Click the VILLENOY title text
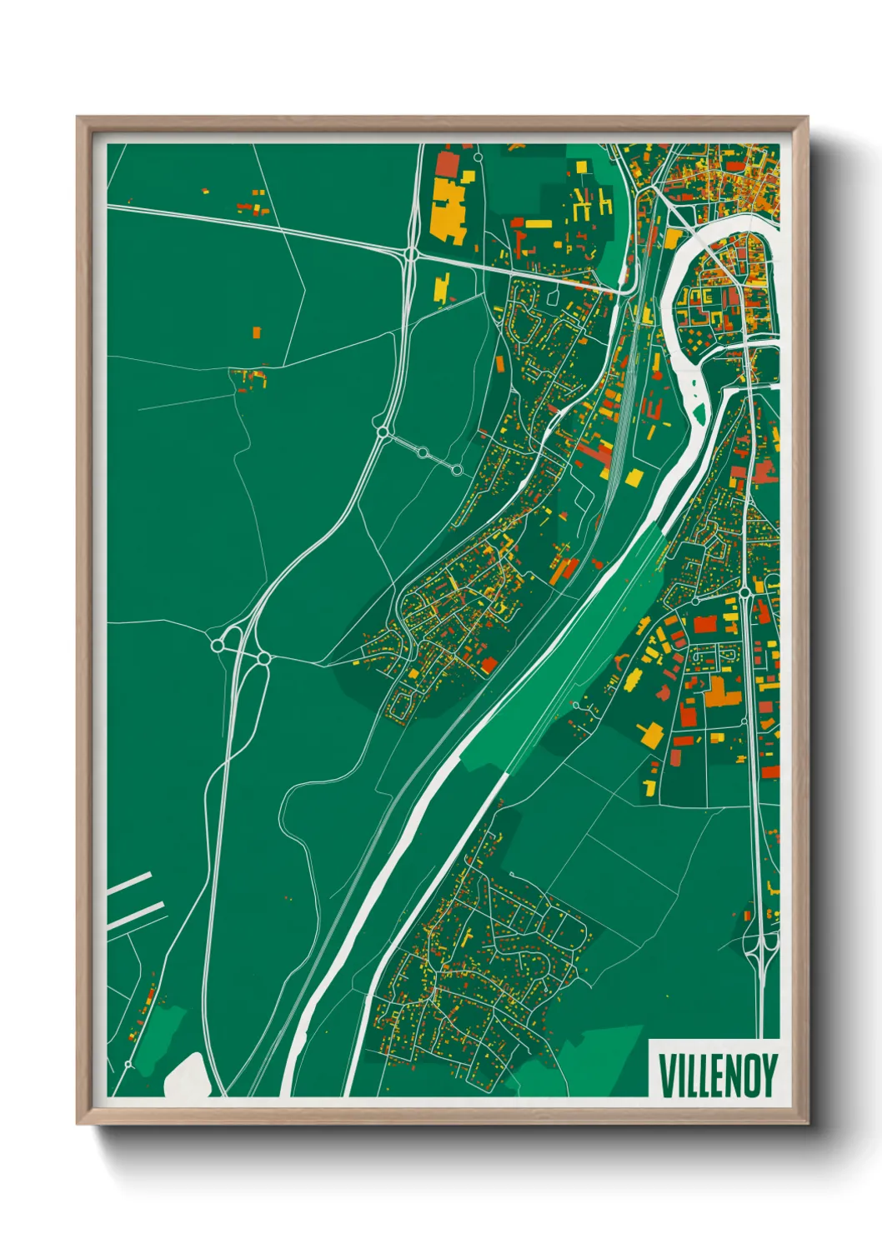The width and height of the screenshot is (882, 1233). (718, 1075)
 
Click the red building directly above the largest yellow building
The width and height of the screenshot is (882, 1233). (447, 164)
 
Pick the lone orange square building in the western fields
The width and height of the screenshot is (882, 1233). (257, 332)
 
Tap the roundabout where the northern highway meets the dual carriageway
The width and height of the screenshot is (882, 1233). (411, 252)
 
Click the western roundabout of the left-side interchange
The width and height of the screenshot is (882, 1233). (218, 645)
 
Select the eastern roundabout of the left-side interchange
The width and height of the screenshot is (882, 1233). (263, 658)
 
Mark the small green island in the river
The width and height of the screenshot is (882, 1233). (699, 412)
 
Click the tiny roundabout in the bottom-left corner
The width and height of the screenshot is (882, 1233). (128, 1065)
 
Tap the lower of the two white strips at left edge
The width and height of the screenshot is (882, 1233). (136, 915)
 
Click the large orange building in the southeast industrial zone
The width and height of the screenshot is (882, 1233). (716, 693)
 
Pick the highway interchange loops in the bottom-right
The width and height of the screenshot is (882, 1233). (760, 950)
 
